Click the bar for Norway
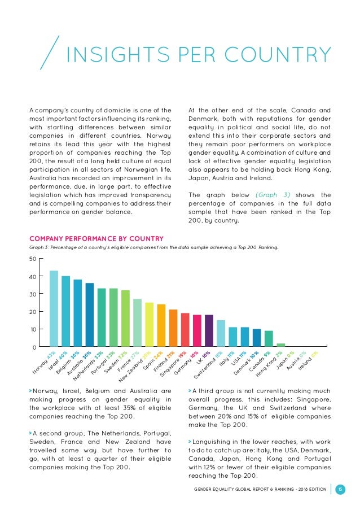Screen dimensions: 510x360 pyautogui.click(x=54, y=308)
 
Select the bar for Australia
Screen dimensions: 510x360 pyautogui.click(x=90, y=315)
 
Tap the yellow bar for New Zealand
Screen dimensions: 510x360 pyautogui.click(x=150, y=324)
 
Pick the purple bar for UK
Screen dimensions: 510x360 pyautogui.click(x=209, y=330)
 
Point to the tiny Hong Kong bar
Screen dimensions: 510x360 pyautogui.click(x=280, y=345)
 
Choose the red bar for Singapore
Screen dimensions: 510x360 pyautogui.click(x=185, y=329)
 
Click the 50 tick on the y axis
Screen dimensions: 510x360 pyautogui.click(x=33, y=259)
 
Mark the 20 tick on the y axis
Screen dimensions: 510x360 pyautogui.click(x=33, y=311)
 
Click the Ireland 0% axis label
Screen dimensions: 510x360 pyautogui.click(x=308, y=360)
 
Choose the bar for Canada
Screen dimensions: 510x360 pyautogui.click(x=269, y=338)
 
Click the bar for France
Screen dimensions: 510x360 pyautogui.click(x=137, y=322)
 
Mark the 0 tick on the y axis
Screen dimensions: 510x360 pyautogui.click(x=34, y=346)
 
